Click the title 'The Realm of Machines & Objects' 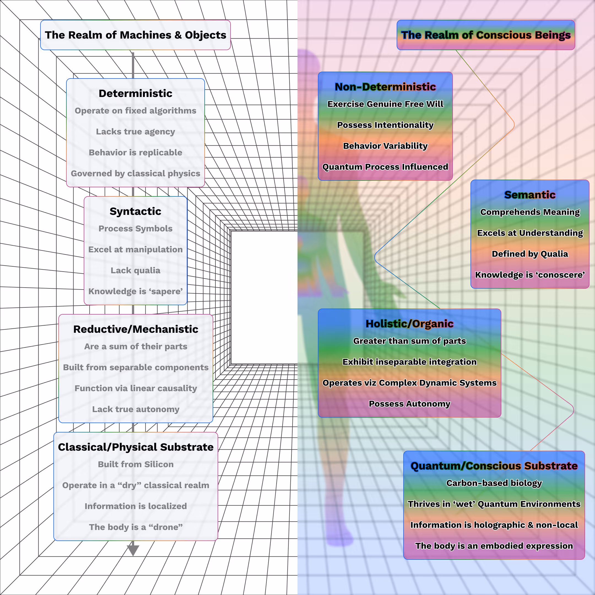tap(136, 35)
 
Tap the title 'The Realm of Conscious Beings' tap(486, 35)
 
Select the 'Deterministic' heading tap(136, 93)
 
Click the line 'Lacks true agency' tap(136, 131)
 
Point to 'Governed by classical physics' tap(136, 173)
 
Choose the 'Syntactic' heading tap(136, 211)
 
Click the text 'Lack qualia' tap(136, 271)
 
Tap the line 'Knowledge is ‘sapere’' tap(136, 291)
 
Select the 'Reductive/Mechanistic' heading tap(136, 329)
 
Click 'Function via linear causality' tap(136, 388)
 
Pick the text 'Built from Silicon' tap(136, 464)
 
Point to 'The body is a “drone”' tap(136, 527)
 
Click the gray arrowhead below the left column tap(133, 550)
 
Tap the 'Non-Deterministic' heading tap(385, 87)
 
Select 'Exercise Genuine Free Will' tap(385, 104)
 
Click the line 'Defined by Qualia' tap(530, 254)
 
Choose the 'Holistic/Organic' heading tap(409, 324)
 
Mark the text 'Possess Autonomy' tap(409, 404)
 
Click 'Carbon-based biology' tap(494, 483)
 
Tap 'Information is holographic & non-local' tap(494, 525)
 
